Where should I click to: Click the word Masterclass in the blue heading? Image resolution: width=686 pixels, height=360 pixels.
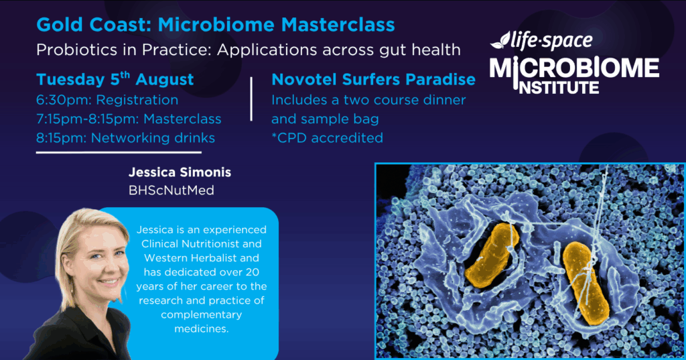[x=338, y=25]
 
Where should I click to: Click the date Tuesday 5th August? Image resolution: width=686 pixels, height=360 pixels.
[x=115, y=79]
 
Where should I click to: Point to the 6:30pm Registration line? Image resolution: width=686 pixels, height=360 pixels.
[x=107, y=101]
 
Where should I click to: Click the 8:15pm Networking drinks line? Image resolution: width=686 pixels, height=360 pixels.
[x=125, y=138]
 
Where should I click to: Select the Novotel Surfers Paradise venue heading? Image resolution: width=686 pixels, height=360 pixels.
[x=373, y=79]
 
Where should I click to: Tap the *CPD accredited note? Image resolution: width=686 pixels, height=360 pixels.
[x=327, y=138]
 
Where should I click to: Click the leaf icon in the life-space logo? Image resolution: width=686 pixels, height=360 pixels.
[x=500, y=41]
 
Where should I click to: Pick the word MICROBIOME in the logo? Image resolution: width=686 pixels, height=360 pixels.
[x=574, y=69]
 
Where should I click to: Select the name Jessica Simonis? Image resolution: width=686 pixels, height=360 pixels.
[x=180, y=172]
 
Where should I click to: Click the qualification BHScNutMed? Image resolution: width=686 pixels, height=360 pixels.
[x=171, y=190]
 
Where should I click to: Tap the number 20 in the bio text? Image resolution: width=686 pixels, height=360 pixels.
[x=253, y=272]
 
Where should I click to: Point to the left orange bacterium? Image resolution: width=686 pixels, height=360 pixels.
[x=492, y=256]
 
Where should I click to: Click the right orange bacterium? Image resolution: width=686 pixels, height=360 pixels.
[x=586, y=283]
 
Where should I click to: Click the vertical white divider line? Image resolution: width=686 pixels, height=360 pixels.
[x=251, y=99]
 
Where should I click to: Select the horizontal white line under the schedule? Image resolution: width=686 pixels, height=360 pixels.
[x=119, y=152]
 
